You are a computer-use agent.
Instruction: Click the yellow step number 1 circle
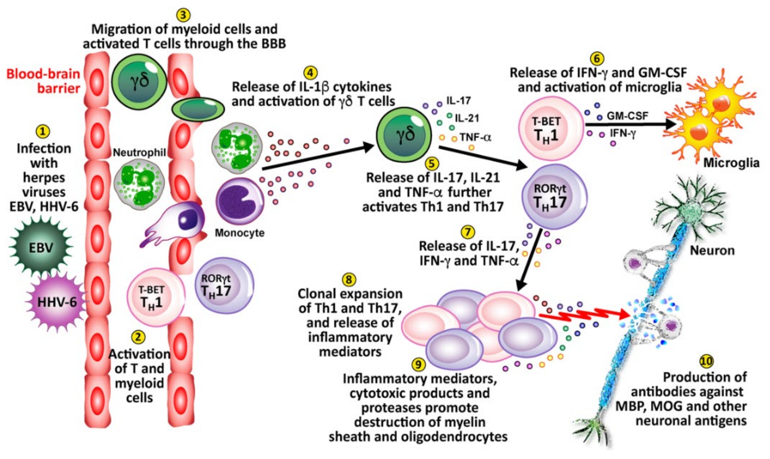click(x=43, y=132)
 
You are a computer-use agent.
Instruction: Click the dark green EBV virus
click(x=41, y=247)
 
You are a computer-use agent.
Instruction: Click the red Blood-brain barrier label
click(x=43, y=81)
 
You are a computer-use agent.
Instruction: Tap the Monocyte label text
click(x=240, y=233)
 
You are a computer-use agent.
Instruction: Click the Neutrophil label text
click(x=139, y=152)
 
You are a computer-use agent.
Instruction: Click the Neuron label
click(x=712, y=250)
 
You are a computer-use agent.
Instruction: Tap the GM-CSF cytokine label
click(x=627, y=116)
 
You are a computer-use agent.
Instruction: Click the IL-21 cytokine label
click(x=467, y=118)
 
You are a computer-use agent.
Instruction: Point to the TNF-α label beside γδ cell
click(x=475, y=137)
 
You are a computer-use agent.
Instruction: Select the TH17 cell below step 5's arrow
click(x=554, y=197)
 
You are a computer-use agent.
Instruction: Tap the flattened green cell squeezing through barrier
click(x=198, y=109)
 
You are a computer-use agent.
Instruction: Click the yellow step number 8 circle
click(x=349, y=280)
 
